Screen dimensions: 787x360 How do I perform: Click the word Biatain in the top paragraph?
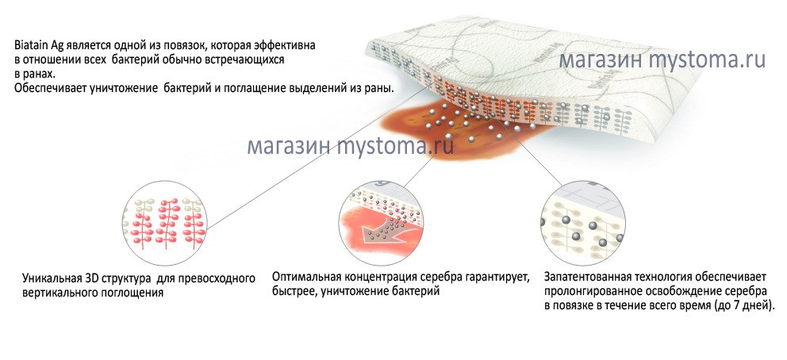[31, 46]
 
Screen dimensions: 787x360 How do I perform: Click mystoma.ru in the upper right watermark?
[707, 60]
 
